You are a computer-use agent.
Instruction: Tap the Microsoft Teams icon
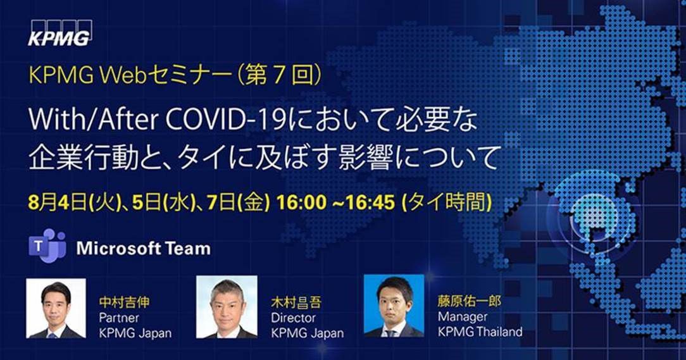pos(47,247)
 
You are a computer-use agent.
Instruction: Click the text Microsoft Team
pos(143,248)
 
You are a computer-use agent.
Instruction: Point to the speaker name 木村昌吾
pos(297,302)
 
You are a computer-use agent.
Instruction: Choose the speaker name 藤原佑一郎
pos(469,301)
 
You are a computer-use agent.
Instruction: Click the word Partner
pos(118,318)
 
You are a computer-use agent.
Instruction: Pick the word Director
pos(293,318)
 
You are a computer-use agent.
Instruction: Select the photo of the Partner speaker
pos(56,308)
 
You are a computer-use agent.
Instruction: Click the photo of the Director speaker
pos(227,307)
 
